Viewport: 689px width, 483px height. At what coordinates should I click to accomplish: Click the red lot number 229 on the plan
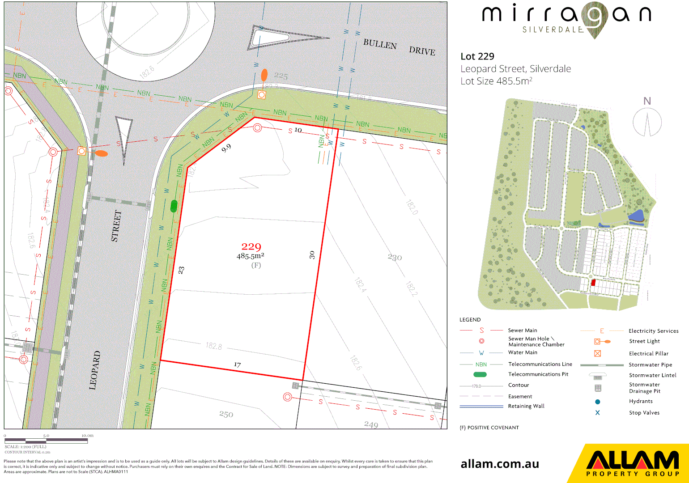[x=251, y=246]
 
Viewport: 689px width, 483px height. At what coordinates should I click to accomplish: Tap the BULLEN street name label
[x=380, y=44]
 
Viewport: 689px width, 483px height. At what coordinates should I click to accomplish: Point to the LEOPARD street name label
[x=95, y=370]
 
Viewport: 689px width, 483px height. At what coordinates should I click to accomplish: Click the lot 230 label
[x=395, y=257]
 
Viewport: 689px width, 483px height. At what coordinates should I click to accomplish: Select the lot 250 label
[x=226, y=414]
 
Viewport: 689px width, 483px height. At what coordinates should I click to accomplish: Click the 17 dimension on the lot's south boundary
[x=237, y=365]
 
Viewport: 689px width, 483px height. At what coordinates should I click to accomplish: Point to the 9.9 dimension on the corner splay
[x=226, y=148]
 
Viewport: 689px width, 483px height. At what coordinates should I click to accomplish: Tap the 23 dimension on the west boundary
[x=181, y=270]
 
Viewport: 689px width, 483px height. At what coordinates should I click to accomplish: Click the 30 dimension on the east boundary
[x=312, y=255]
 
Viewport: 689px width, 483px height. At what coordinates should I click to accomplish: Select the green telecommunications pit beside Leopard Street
[x=174, y=206]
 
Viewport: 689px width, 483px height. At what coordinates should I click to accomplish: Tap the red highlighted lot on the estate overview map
[x=593, y=283]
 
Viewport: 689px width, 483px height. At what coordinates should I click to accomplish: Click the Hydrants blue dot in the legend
[x=597, y=402]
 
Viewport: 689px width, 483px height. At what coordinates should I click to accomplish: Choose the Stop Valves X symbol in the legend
[x=597, y=413]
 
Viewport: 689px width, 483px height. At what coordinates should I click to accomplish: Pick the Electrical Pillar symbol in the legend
[x=597, y=353]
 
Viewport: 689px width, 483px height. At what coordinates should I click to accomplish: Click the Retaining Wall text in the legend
[x=526, y=406]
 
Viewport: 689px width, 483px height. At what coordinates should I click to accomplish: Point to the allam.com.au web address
[x=500, y=464]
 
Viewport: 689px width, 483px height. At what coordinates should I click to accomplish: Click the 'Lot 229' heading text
[x=477, y=56]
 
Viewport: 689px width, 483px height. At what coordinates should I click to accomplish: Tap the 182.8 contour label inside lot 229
[x=213, y=346]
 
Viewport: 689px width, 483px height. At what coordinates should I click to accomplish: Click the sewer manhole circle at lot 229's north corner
[x=257, y=128]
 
